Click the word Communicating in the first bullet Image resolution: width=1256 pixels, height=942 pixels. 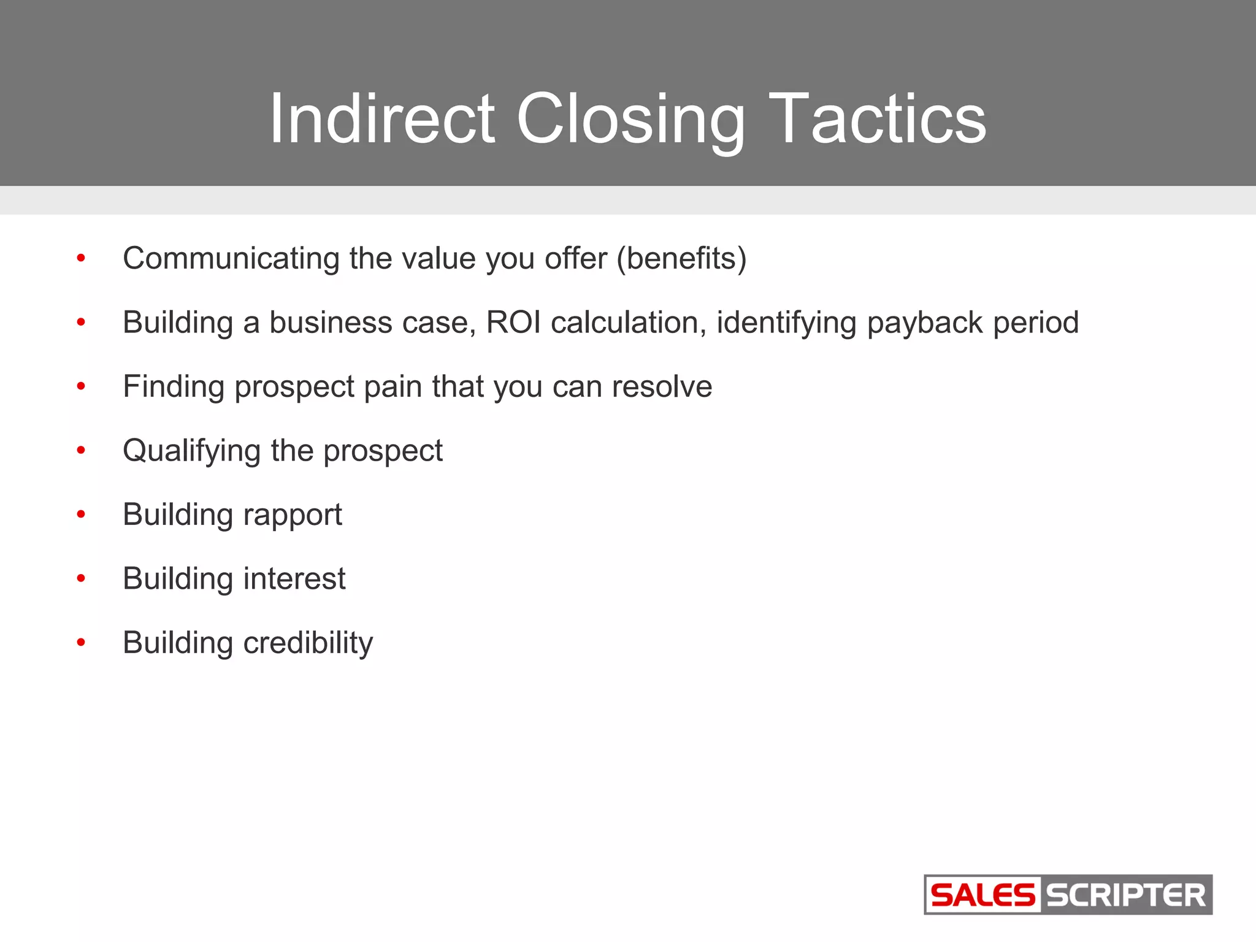(231, 258)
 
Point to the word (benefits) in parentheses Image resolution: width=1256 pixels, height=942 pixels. (681, 258)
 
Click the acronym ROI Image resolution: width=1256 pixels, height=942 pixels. (513, 323)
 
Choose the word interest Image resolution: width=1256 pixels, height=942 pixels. (294, 579)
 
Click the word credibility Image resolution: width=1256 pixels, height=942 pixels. (308, 643)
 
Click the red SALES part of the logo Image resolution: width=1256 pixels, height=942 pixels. (982, 895)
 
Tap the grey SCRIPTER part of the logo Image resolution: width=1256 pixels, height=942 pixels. (1125, 895)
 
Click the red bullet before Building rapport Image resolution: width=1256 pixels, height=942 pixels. (81, 515)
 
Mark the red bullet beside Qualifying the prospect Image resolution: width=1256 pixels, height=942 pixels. (81, 451)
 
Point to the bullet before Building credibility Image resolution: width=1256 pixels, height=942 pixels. (81, 643)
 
